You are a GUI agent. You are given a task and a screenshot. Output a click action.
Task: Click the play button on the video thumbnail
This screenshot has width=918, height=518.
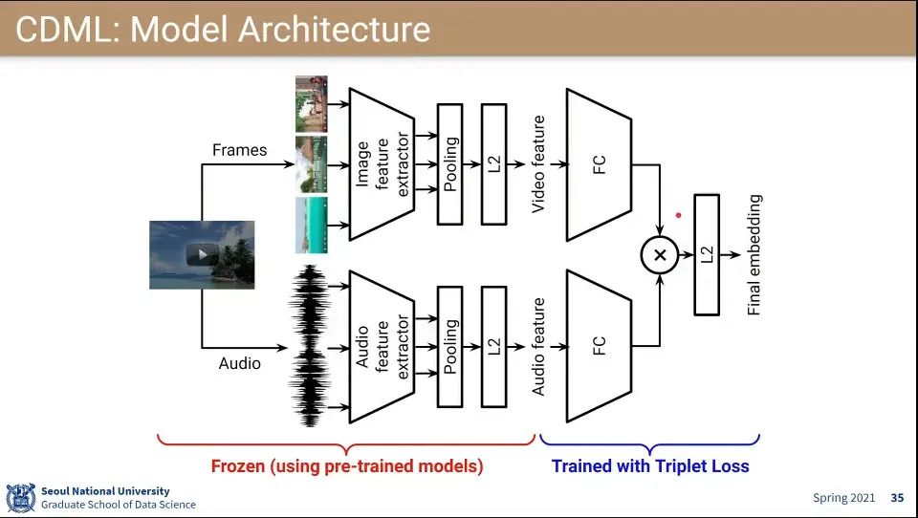(202, 255)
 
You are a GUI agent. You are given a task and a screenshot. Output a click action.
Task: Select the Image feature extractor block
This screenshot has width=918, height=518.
(382, 164)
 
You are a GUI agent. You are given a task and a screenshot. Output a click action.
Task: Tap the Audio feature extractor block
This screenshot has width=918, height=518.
(382, 346)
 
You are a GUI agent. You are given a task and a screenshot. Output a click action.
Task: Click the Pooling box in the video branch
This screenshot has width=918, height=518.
(450, 164)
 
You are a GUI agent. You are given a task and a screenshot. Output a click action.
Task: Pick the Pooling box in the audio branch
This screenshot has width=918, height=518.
(450, 346)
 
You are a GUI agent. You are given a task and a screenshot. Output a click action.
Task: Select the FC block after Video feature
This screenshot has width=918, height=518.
(600, 164)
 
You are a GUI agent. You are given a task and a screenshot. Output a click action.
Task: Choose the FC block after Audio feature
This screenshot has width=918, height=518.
(600, 346)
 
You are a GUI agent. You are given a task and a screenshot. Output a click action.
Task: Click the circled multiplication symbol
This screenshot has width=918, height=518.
(659, 255)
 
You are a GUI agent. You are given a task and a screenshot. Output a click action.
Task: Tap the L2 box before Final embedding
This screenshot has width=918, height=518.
(707, 255)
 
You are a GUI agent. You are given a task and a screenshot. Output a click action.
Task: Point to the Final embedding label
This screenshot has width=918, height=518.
(754, 255)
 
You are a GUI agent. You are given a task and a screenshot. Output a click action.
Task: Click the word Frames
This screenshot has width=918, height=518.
(239, 150)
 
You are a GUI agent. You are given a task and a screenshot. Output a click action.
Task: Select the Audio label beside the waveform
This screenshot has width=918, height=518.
(239, 363)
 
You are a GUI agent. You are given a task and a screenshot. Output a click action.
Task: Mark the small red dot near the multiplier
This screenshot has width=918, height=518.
(679, 215)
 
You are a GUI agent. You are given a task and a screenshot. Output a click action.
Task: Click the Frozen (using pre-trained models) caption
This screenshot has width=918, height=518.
(347, 466)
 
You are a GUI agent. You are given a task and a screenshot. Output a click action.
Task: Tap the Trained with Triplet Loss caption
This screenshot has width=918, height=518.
(650, 466)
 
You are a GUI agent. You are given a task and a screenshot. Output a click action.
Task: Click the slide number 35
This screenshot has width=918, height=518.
(897, 498)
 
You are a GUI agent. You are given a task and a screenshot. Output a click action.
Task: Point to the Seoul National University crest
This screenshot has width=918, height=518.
(20, 498)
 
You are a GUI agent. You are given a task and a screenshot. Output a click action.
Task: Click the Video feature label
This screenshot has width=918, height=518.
(539, 164)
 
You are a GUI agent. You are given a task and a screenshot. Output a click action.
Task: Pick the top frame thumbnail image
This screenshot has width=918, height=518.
(312, 103)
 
